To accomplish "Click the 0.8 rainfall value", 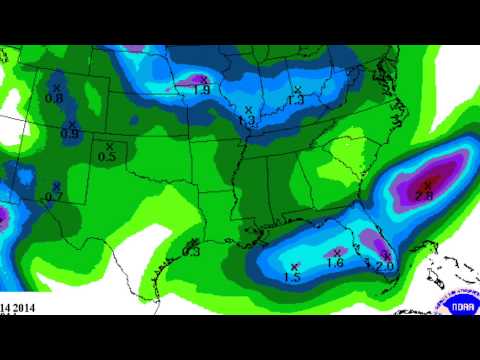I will click(55, 99).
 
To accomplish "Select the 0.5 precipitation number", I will click(108, 157).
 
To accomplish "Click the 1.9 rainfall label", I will click(199, 90).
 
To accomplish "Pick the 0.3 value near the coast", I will click(192, 252).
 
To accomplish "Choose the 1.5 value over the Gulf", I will click(292, 277).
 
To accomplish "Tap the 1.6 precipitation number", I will click(335, 263).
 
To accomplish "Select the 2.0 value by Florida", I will click(384, 267).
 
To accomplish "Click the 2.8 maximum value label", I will click(424, 198).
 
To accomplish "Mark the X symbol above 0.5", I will click(108, 145).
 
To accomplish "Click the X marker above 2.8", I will click(427, 184).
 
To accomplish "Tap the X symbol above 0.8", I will click(58, 88).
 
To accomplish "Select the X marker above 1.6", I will click(337, 251).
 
